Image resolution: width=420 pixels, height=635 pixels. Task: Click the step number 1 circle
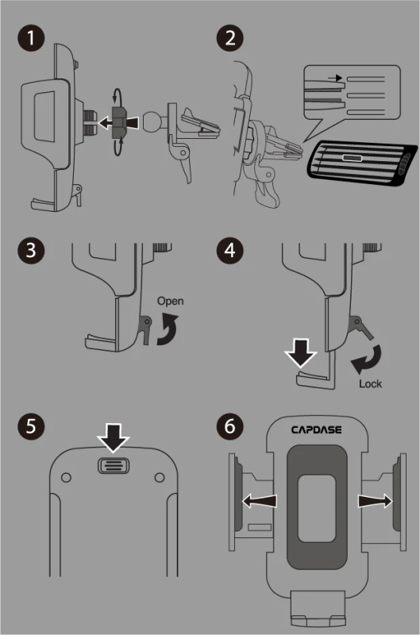31,38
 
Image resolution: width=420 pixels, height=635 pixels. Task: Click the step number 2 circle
229,38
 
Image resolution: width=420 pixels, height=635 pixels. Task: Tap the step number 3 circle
31,250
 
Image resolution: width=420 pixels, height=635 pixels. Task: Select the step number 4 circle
229,250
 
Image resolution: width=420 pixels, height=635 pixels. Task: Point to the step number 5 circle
31,426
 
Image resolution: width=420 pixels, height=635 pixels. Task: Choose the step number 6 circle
229,426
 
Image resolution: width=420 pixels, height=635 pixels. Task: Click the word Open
170,302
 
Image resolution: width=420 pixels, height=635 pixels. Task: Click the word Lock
370,383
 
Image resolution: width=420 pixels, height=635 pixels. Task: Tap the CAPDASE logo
316,429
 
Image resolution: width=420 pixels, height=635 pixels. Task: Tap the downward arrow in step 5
113,438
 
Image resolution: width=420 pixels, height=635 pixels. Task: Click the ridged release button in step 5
114,465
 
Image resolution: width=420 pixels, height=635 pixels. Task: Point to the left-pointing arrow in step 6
259,502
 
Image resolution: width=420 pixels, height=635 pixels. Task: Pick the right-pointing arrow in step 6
375,502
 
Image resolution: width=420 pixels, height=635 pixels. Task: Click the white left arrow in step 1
106,122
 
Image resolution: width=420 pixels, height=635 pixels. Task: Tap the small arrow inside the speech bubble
335,78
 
